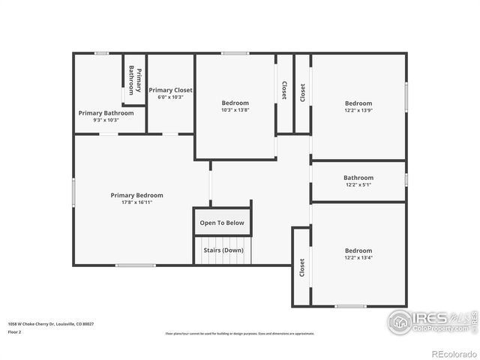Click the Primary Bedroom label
click(136, 195)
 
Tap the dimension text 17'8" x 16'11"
click(136, 202)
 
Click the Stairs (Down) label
click(223, 250)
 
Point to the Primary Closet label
click(170, 90)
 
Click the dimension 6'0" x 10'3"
click(170, 97)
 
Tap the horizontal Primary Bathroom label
click(106, 112)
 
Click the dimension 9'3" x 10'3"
click(106, 120)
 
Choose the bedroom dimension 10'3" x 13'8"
click(235, 110)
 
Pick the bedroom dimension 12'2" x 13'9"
click(358, 110)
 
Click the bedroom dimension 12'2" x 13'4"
click(358, 258)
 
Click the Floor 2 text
click(15, 331)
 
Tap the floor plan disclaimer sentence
click(240, 334)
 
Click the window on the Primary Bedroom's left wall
click(73, 191)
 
